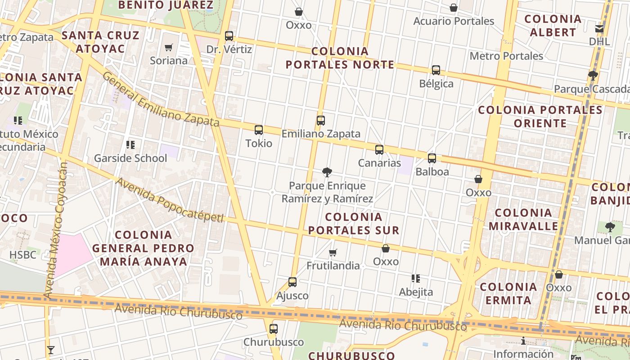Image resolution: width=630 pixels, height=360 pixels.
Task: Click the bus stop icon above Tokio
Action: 259,130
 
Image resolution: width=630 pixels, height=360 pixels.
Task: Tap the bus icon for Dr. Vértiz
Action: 229,36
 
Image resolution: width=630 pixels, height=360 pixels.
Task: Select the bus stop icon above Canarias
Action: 379,150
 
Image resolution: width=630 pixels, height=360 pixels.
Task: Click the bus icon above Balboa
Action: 432,158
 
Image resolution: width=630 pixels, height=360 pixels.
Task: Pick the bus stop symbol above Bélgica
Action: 436,70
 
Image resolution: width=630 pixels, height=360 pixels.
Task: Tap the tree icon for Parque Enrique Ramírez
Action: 327,172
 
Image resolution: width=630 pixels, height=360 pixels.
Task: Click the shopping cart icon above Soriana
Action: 169,47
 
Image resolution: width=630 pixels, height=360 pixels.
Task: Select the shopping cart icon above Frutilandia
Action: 333,252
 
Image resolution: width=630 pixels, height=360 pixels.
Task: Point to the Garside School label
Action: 130,158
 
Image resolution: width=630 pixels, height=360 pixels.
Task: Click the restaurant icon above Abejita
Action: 416,279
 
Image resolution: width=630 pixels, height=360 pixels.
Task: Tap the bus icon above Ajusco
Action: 292,282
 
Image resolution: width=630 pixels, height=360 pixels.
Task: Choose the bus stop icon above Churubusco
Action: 274,329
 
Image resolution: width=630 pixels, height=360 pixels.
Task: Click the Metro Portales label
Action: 506,56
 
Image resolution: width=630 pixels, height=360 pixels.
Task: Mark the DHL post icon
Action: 599,29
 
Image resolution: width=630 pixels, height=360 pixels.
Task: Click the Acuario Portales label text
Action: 454,21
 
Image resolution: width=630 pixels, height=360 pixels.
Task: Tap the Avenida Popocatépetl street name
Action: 170,200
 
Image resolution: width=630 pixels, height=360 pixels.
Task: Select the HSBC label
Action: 22,255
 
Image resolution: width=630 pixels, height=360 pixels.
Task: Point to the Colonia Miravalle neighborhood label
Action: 523,219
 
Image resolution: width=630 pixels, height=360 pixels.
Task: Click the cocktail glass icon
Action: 50,350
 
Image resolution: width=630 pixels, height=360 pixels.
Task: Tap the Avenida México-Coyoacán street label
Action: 56,229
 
